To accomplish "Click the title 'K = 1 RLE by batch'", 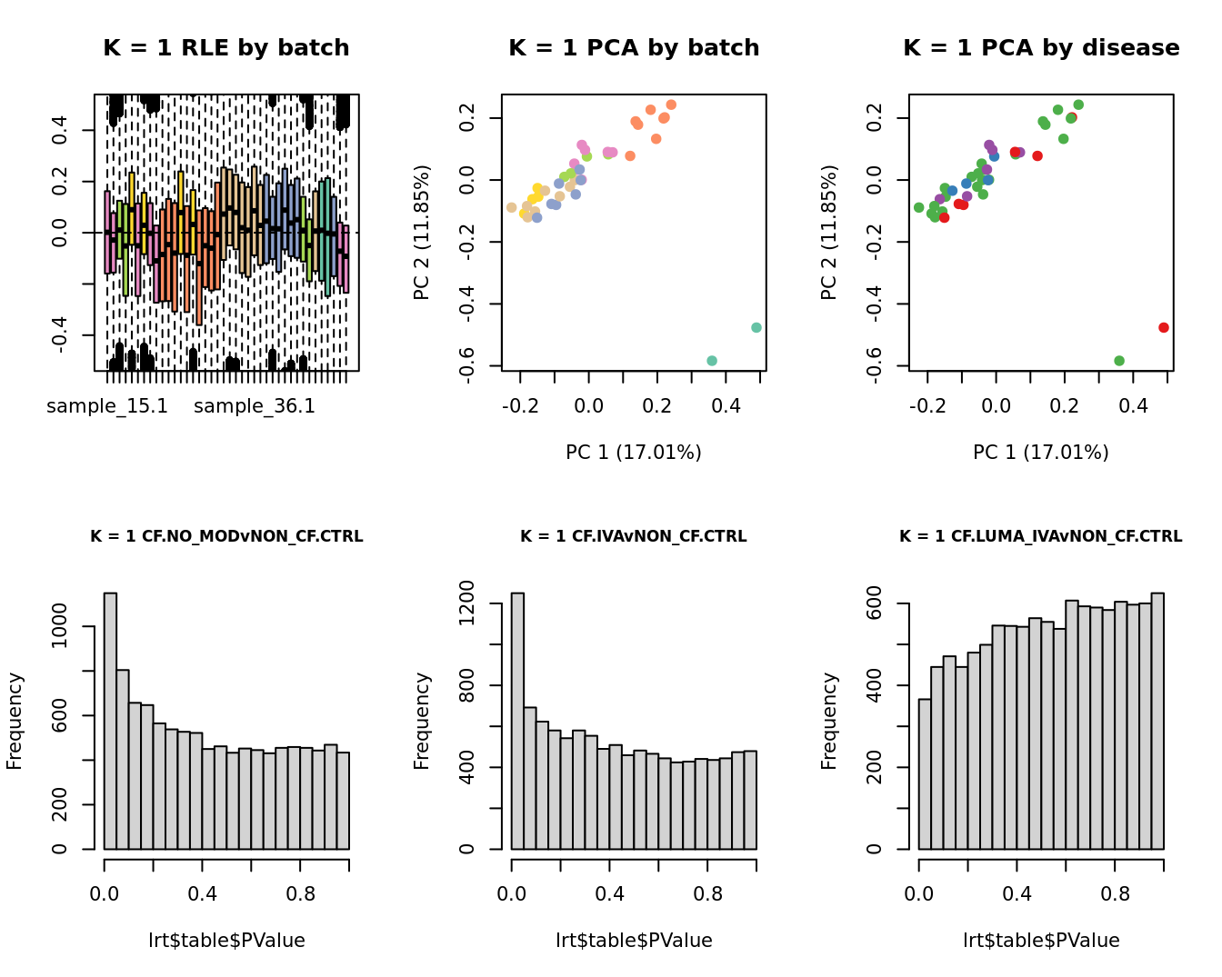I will click(x=225, y=48).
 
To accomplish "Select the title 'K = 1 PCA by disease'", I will click(x=1041, y=48).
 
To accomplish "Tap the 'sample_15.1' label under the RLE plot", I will click(x=107, y=406).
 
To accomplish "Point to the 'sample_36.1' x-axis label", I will click(x=255, y=406).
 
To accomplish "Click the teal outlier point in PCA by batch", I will click(x=712, y=361).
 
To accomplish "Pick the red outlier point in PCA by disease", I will click(x=1164, y=327).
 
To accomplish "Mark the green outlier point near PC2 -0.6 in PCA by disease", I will click(x=1119, y=361).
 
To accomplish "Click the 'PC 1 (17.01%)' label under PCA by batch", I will click(x=634, y=452).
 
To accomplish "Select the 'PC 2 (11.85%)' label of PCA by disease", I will click(x=828, y=233).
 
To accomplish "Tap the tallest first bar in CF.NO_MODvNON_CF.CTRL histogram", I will click(x=110, y=721).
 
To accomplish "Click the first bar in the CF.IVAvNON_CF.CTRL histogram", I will click(x=517, y=721).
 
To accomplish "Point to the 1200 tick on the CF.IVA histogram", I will click(x=492, y=603).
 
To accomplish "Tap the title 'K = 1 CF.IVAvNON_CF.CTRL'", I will click(x=634, y=537).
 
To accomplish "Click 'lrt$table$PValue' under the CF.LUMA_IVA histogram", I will click(x=1041, y=941).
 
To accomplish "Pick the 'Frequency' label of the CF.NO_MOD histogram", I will click(x=15, y=721).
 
